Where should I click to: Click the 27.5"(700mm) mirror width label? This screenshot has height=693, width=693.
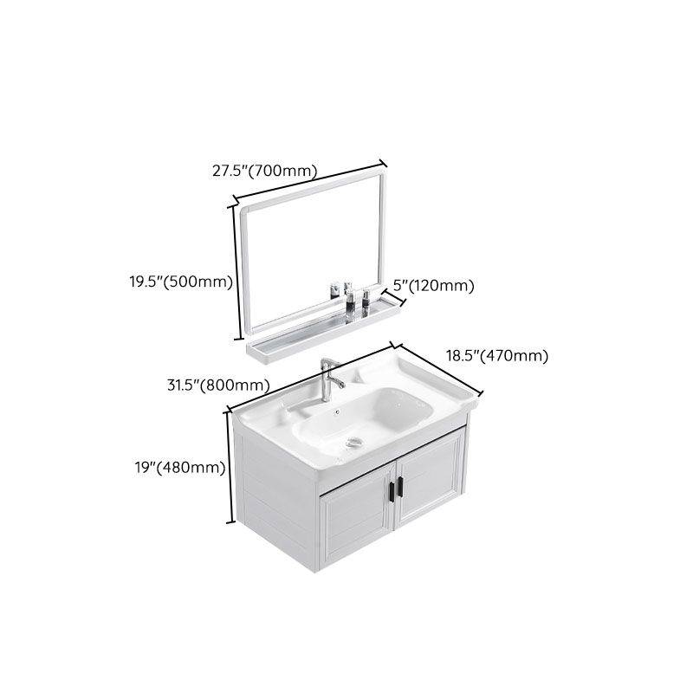[x=265, y=171]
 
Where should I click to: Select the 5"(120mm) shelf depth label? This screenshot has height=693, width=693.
[x=434, y=285]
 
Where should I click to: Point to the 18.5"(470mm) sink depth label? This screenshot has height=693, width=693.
[x=496, y=355]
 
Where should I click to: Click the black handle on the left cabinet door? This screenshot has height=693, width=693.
[x=390, y=489]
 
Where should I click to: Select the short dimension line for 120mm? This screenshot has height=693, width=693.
[x=396, y=298]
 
